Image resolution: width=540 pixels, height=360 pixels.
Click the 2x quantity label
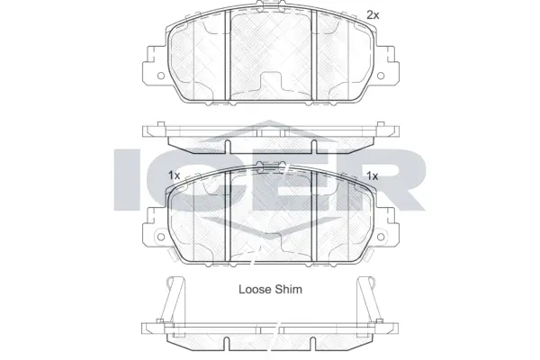pyautogui.click(x=373, y=15)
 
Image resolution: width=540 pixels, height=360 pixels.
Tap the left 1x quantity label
pyautogui.click(x=174, y=176)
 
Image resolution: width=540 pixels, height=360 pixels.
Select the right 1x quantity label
pyautogui.click(x=372, y=176)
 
